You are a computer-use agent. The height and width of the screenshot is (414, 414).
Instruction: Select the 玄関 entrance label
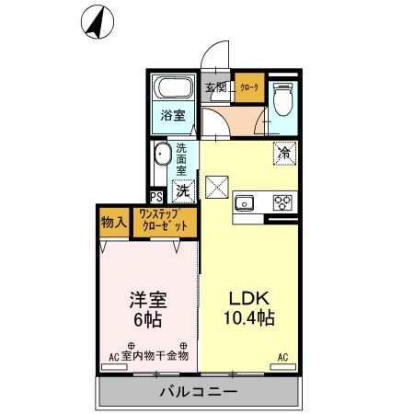coord(215,88)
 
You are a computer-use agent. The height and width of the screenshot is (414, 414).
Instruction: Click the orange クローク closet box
coord(248,87)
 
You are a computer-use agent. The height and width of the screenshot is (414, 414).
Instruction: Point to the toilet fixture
coord(282,97)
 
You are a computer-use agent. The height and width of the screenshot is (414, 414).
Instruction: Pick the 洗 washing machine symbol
coord(183,191)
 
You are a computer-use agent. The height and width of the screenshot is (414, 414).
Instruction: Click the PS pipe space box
coord(156,196)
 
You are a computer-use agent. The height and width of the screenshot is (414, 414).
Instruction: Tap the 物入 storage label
coord(114,222)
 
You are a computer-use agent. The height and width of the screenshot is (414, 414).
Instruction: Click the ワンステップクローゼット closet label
coord(164,221)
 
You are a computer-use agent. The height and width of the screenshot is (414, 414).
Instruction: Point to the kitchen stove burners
coord(282,203)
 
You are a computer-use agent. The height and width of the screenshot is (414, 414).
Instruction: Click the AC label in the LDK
coord(282,356)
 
